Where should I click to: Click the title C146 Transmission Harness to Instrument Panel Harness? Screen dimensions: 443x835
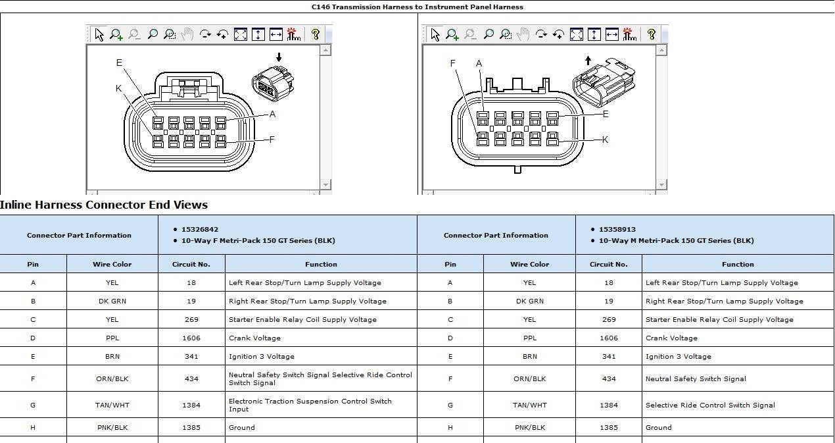point(417,7)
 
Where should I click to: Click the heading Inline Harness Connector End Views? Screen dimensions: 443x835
point(104,205)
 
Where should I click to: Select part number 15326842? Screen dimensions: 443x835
point(200,230)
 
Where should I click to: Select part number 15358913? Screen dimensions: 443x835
point(617,230)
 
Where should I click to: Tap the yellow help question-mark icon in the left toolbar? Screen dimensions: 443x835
point(316,34)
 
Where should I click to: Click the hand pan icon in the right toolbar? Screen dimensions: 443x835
point(523,34)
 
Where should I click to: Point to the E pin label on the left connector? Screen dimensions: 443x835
point(119,63)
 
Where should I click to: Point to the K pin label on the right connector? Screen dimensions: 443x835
point(605,140)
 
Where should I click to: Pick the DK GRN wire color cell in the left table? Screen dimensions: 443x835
point(112,301)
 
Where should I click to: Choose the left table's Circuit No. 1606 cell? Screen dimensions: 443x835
point(191,338)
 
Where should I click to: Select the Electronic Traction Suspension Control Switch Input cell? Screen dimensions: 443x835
point(310,405)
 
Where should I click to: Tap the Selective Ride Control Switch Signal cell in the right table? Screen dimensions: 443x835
point(710,405)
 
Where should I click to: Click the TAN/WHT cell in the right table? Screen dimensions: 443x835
point(529,405)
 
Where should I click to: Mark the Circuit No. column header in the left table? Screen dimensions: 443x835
point(191,265)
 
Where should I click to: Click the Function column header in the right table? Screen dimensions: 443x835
point(738,265)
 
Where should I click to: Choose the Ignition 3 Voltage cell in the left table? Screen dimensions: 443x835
point(261,357)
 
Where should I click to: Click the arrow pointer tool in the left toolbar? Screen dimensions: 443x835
point(99,34)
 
